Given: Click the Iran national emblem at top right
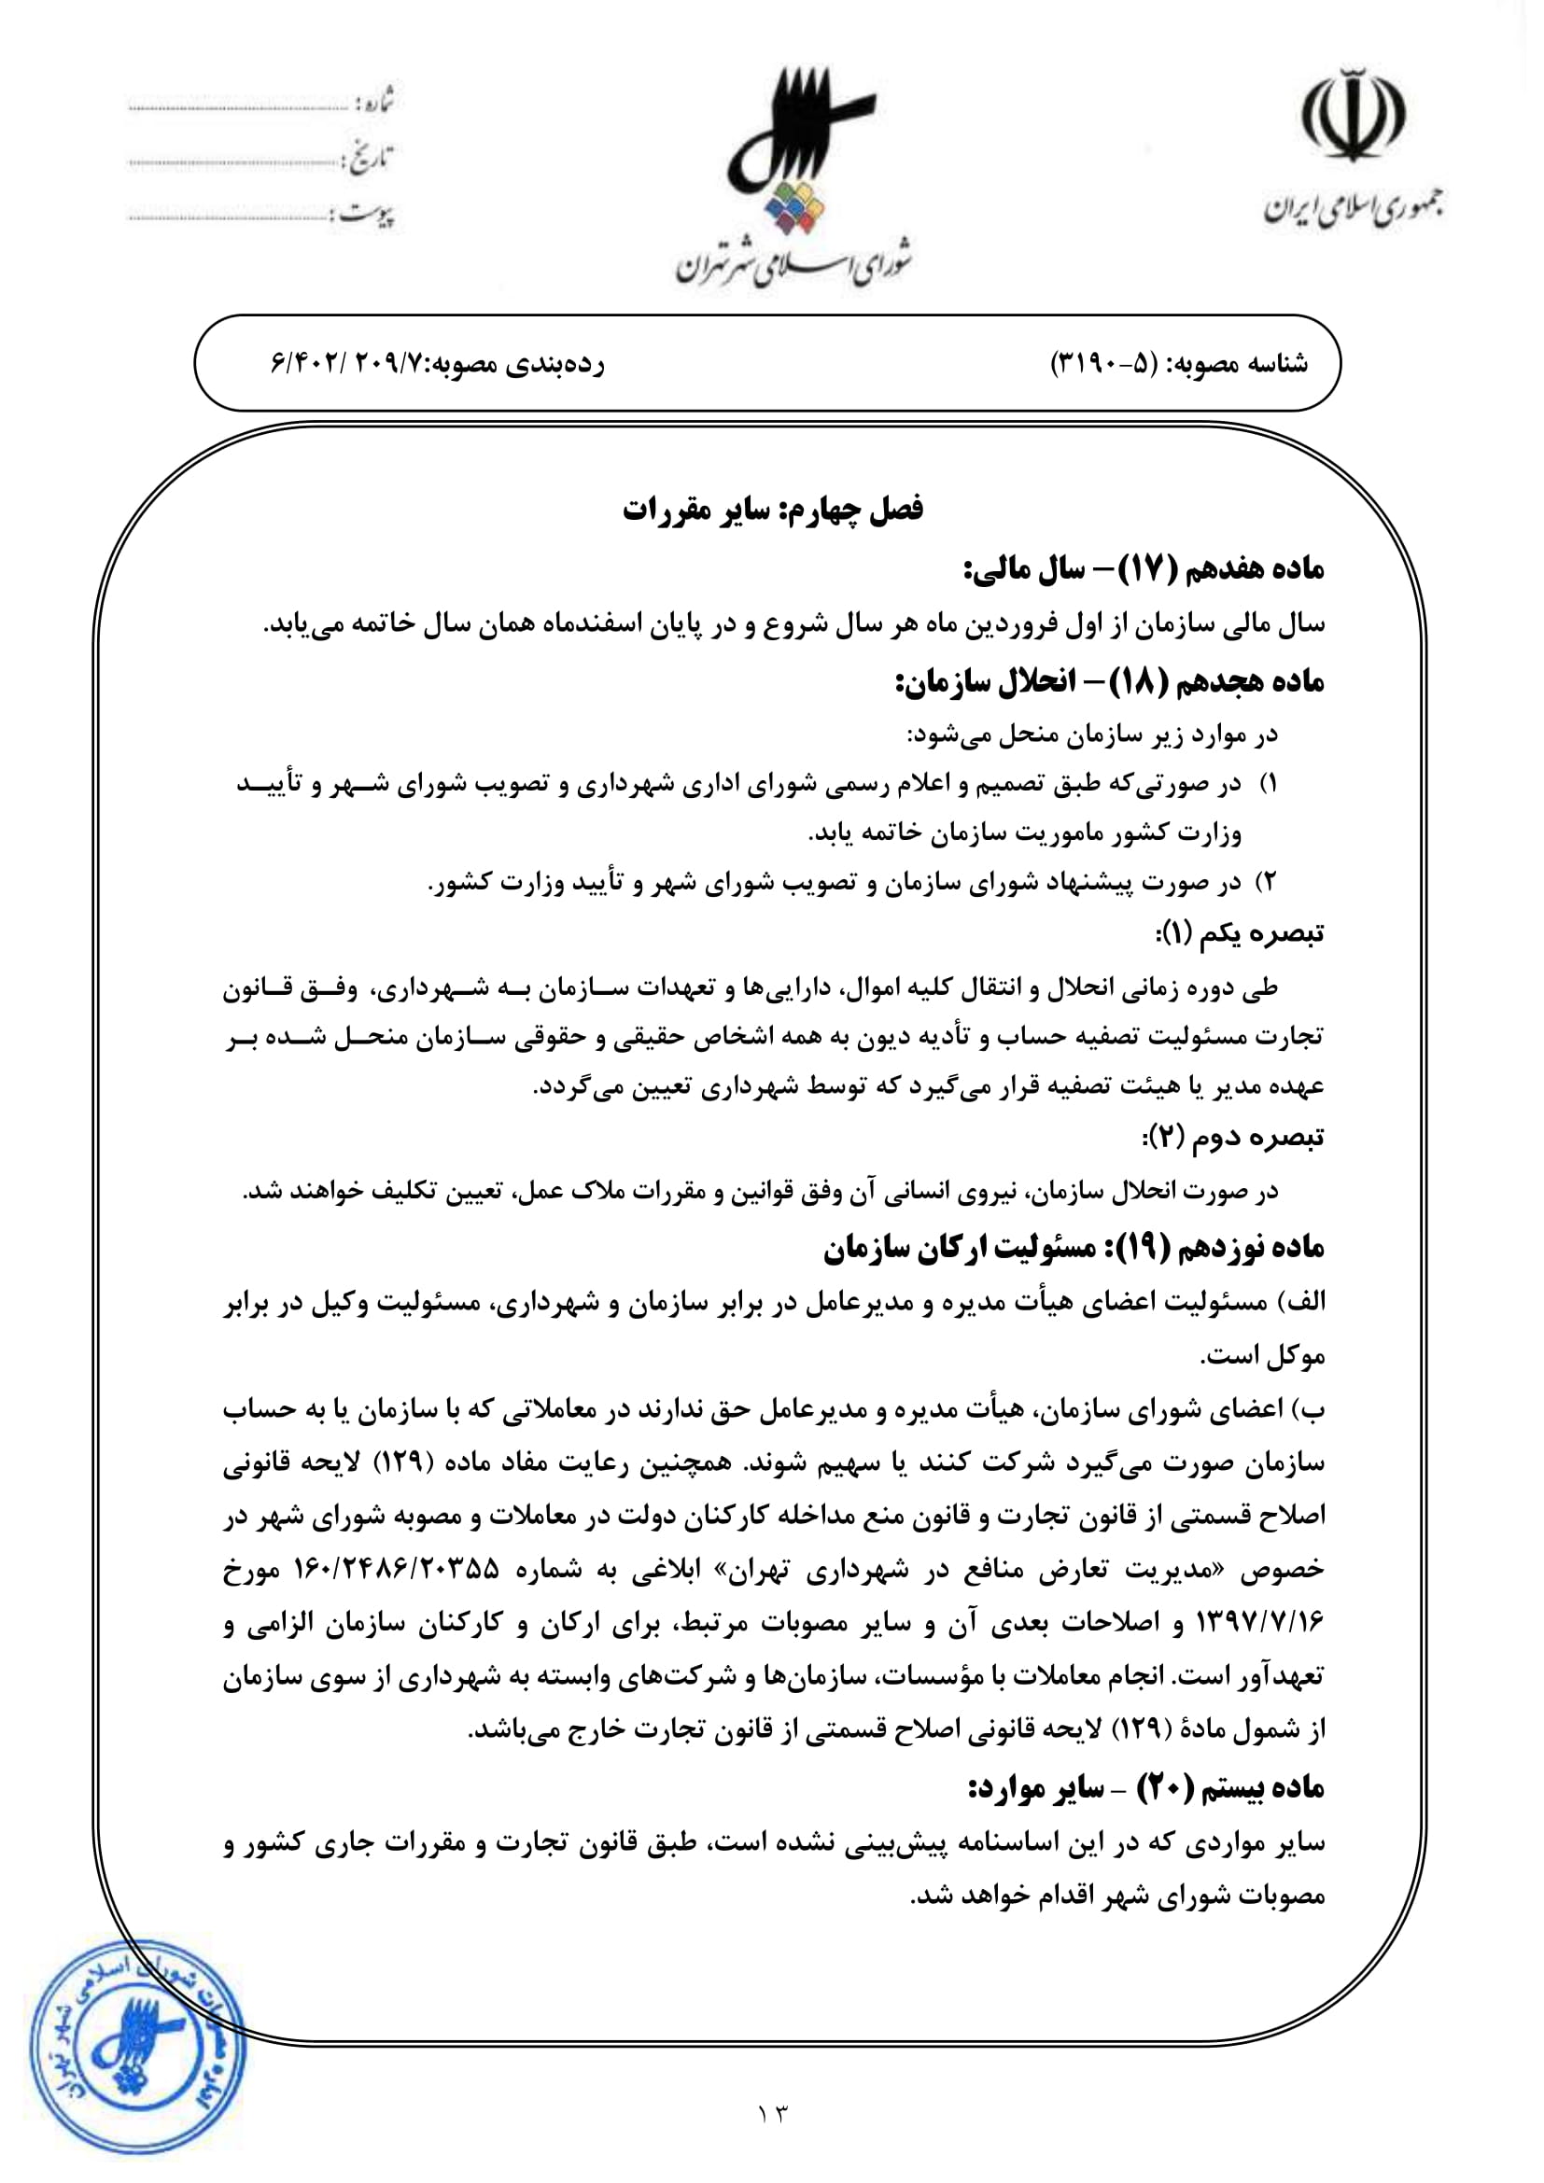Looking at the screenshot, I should [1353, 114].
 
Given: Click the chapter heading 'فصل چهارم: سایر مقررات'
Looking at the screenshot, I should [773, 511].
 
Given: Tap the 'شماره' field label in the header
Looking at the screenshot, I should [375, 101].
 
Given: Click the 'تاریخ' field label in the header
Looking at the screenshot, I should [372, 157].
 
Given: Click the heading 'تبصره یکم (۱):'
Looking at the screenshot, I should [1239, 933].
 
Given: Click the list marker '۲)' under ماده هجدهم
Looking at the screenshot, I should [1266, 882].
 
